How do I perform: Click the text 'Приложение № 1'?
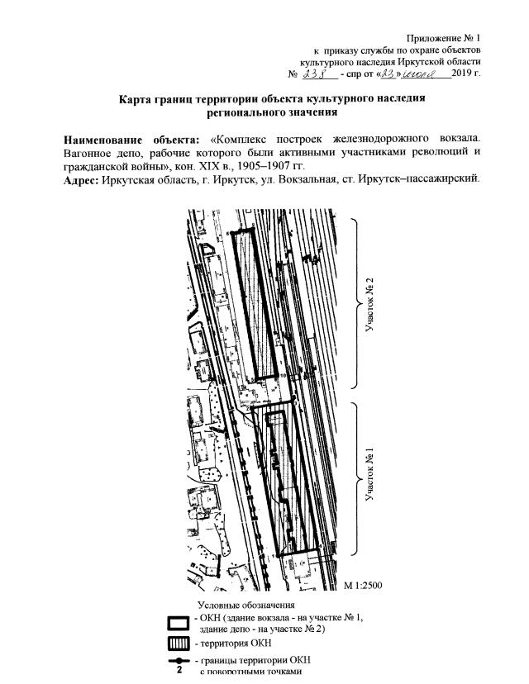444,38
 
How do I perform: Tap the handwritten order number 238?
317,74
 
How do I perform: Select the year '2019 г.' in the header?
465,74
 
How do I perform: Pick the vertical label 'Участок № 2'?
371,303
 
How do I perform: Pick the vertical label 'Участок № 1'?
371,477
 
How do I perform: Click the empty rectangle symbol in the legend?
178,623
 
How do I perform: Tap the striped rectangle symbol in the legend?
178,644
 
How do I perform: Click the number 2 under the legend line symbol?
178,671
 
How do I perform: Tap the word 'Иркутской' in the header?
405,62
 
